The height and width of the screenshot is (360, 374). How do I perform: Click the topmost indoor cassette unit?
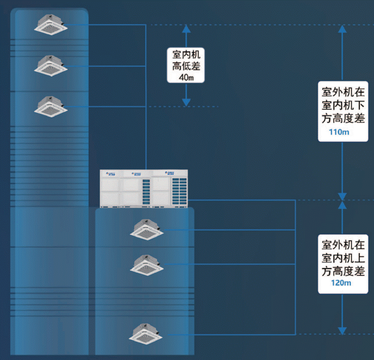coord(50,25)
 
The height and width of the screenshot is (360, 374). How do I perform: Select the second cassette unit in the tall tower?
coord(50,66)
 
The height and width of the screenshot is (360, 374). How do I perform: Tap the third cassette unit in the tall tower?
coord(50,107)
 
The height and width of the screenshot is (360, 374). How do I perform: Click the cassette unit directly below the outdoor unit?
coord(147,229)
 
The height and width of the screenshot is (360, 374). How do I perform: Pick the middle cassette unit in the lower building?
coord(147,265)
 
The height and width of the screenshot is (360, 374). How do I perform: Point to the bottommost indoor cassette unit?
coord(146,334)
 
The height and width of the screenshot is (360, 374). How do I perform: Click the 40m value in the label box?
coord(186,77)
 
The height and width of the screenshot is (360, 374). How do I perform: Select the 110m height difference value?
coord(339,132)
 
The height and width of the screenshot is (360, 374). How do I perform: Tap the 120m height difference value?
coord(341,283)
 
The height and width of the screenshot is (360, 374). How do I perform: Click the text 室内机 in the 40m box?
coord(186,54)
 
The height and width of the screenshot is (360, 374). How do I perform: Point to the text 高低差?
coord(186,66)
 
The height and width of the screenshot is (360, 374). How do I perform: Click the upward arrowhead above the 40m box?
coord(186,29)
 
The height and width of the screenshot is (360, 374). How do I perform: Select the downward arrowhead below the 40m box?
coord(186,103)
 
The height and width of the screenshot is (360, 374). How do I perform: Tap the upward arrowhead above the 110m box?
coord(342,29)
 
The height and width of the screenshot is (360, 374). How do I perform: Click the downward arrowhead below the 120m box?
coord(342,331)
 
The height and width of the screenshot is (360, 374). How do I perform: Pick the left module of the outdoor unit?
coord(110,189)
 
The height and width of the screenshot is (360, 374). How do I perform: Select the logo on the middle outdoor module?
coord(136,174)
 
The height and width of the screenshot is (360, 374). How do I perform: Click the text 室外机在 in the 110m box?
coord(343,92)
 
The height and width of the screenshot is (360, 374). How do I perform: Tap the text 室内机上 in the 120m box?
coord(343,258)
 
